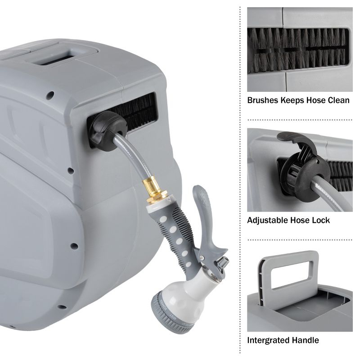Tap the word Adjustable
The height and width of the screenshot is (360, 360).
point(269,220)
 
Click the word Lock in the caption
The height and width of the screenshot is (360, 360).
point(321,220)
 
